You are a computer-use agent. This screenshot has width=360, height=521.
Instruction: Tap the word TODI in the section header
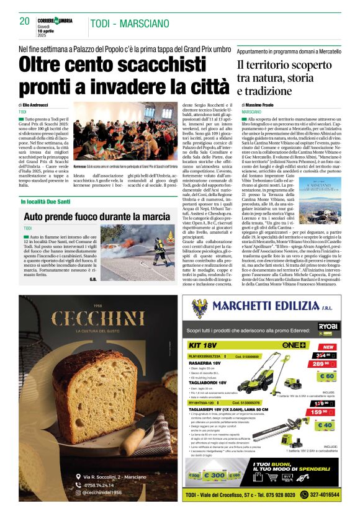point(100,24)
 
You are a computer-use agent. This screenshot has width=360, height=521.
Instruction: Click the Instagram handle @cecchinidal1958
point(100,492)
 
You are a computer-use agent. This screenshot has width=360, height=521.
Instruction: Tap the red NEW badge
point(326,347)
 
